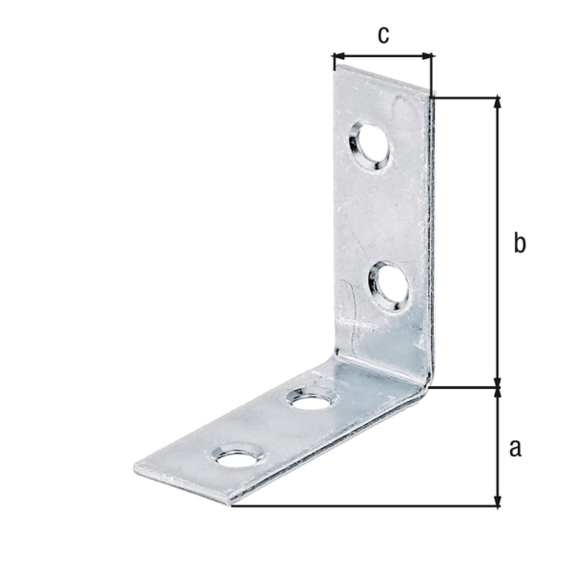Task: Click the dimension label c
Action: tap(383, 35)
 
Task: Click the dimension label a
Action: tap(515, 448)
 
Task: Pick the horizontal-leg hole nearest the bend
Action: tap(312, 399)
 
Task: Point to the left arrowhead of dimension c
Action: tap(339, 56)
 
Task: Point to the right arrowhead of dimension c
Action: tap(427, 56)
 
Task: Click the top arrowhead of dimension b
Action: tap(497, 103)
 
